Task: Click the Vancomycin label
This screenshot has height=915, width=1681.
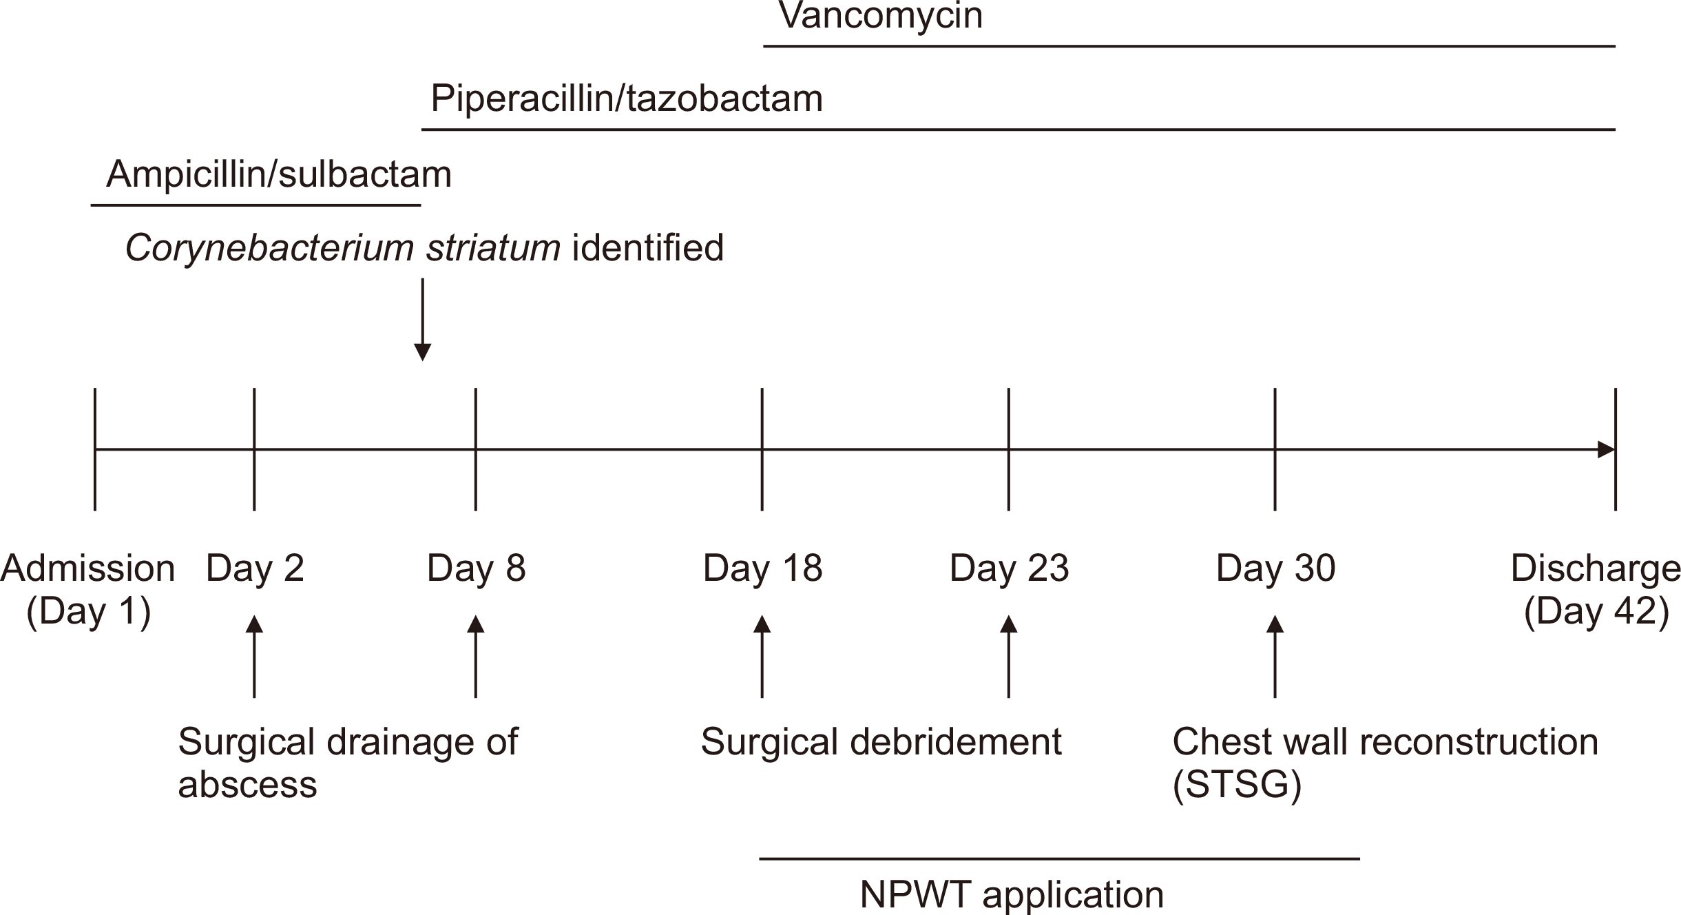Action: click(x=881, y=16)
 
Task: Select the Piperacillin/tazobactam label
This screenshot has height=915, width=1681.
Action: click(x=627, y=99)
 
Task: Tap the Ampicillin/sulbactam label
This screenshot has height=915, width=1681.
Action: click(x=279, y=174)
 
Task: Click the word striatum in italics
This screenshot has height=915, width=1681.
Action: click(x=493, y=247)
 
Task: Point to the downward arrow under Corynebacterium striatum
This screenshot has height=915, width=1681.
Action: click(x=422, y=320)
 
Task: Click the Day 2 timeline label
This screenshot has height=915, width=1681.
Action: click(x=255, y=568)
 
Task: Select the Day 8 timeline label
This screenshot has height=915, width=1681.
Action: click(x=476, y=568)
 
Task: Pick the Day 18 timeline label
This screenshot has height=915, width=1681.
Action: click(x=762, y=568)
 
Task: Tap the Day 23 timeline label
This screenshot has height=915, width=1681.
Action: click(x=1009, y=568)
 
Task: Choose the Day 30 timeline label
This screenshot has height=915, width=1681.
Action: click(x=1275, y=568)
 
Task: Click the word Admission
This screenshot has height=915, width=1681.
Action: click(x=87, y=568)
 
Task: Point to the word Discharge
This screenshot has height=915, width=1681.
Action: click(x=1596, y=568)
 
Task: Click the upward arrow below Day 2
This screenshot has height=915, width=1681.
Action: click(x=255, y=657)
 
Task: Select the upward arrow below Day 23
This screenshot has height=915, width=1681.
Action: click(x=1009, y=657)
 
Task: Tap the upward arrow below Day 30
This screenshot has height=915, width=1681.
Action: click(x=1275, y=657)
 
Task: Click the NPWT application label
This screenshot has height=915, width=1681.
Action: click(x=1012, y=895)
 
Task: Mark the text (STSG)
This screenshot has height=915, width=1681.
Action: click(x=1237, y=785)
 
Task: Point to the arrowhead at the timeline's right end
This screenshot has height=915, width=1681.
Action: click(x=1607, y=450)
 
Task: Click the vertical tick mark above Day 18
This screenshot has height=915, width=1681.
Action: click(x=762, y=449)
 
